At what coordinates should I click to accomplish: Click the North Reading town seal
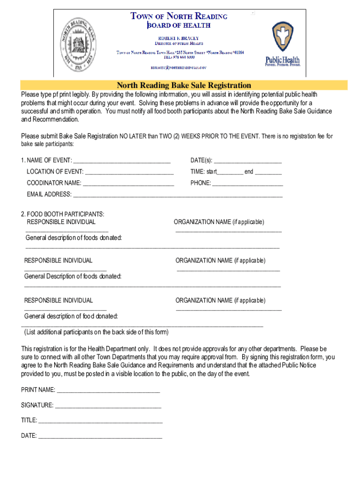tap(79, 44)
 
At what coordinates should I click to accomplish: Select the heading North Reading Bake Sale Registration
tap(184, 86)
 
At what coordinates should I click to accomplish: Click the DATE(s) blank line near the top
tap(247, 162)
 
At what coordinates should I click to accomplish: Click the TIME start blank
tap(230, 173)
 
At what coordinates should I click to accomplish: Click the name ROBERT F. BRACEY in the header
tap(179, 38)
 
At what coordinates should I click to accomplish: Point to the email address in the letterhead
tap(178, 68)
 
